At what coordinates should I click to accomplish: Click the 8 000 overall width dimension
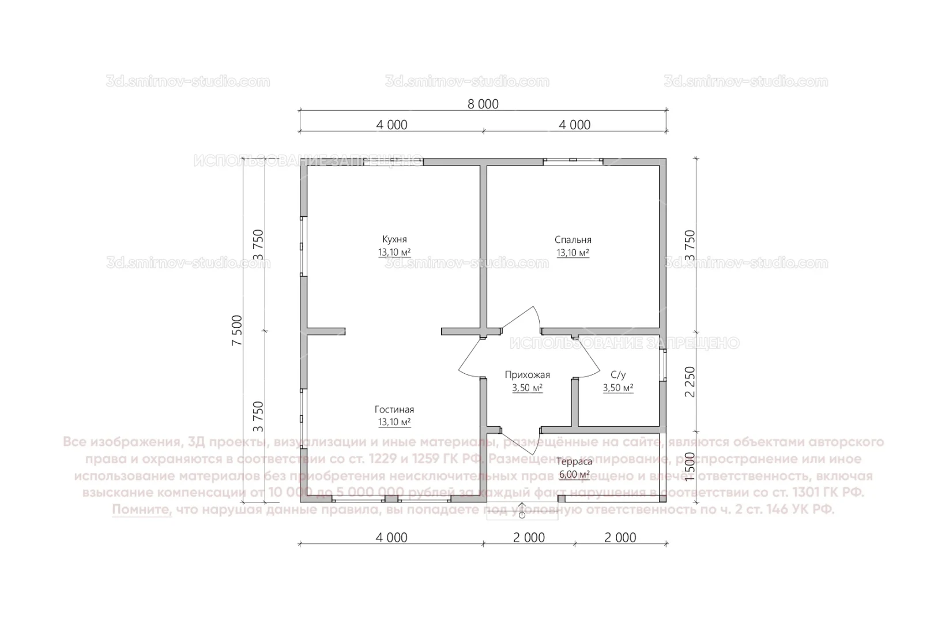pos(483,104)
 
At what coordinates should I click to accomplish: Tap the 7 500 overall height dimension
pos(237,331)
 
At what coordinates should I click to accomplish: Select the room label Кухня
pos(394,239)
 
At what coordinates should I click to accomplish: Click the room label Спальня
pos(573,239)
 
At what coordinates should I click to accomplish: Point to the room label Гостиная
pos(394,410)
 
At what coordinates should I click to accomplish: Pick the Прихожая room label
pos(527,375)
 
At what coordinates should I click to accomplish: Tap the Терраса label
pos(574,461)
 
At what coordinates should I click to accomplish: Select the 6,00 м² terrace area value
pos(574,475)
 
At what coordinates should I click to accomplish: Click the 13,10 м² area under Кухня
pos(394,253)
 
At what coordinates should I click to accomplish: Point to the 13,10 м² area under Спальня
pos(573,253)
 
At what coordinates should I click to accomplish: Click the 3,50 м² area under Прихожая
pos(527,388)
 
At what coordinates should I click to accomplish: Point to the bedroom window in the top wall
pos(573,161)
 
